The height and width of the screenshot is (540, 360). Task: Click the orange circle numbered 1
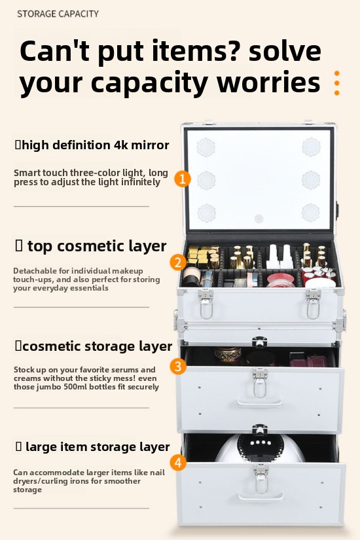point(183,179)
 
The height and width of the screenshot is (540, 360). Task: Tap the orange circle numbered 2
point(178,262)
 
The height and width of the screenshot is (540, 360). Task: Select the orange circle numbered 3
point(178,366)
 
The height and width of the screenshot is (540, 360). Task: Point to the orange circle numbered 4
point(178,463)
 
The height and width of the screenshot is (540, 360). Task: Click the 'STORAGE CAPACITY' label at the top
point(58,14)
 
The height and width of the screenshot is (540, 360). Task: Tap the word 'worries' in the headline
point(269,82)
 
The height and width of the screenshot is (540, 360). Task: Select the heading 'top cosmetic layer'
point(97,246)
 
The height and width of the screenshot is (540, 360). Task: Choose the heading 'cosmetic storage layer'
point(97,346)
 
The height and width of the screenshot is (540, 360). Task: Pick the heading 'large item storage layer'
point(98,446)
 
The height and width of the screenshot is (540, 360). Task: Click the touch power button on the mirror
point(259,219)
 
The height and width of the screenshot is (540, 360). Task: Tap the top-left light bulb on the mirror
point(206,147)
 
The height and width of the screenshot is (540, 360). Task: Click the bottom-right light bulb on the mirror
point(311,213)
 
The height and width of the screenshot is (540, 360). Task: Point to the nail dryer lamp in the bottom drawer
point(260,447)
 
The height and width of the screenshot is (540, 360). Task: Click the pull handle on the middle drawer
point(260,403)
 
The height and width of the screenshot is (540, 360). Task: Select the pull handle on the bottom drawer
point(261,497)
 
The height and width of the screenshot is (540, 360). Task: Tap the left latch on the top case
point(206,304)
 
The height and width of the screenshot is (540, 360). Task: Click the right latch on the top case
point(313,304)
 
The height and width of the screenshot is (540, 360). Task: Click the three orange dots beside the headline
point(337,83)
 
